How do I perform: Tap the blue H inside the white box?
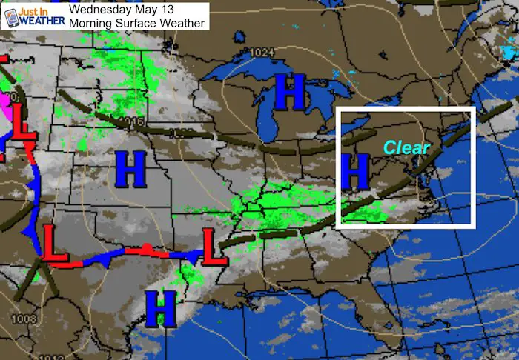tap(357, 171)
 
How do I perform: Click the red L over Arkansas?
tap(214, 248)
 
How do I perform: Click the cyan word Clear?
tap(406, 147)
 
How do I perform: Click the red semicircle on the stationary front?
tap(148, 247)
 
